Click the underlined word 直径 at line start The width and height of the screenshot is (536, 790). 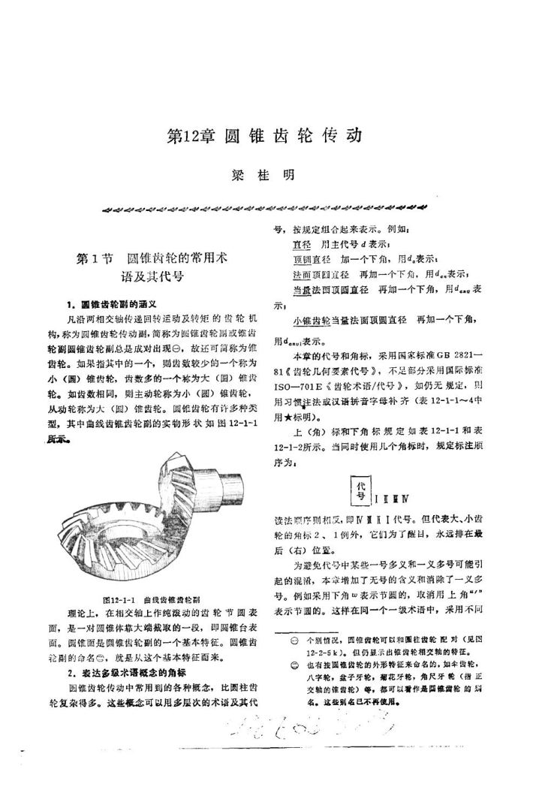coord(301,245)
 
